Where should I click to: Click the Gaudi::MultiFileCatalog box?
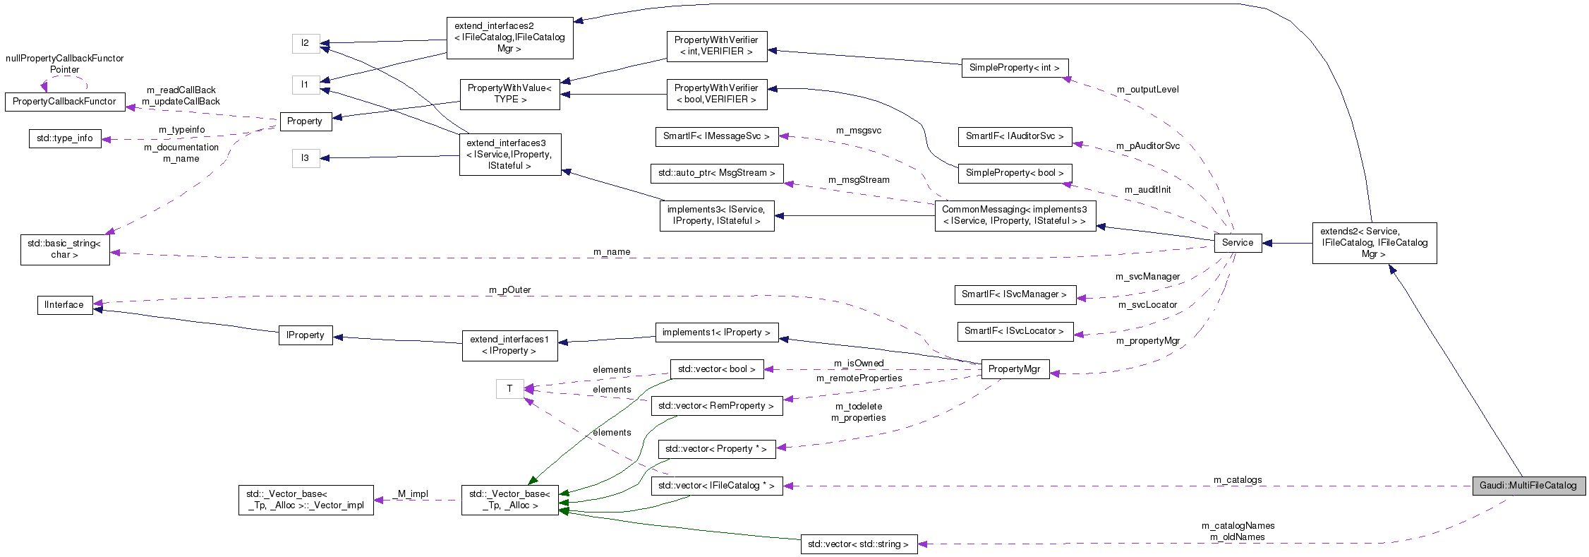[1528, 486]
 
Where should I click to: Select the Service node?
[1238, 243]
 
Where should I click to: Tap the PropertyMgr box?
[1015, 369]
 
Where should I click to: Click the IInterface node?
[64, 305]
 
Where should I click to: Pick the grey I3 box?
[306, 158]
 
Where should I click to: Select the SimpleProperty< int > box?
[1015, 68]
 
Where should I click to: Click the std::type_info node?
[65, 138]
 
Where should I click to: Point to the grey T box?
[509, 389]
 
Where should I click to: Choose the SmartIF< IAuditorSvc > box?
[1015, 136]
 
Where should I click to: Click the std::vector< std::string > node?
[859, 544]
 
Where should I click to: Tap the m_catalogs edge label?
[1238, 480]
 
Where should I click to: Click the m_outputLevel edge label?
[1147, 90]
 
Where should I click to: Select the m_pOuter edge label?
[509, 290]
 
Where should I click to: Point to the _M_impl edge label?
[413, 494]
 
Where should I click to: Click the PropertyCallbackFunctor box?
[65, 102]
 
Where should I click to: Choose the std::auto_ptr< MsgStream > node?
[716, 173]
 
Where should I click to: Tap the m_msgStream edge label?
[859, 180]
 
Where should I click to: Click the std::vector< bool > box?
[716, 369]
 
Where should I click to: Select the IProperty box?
[306, 335]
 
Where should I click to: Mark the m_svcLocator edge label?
[1147, 305]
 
